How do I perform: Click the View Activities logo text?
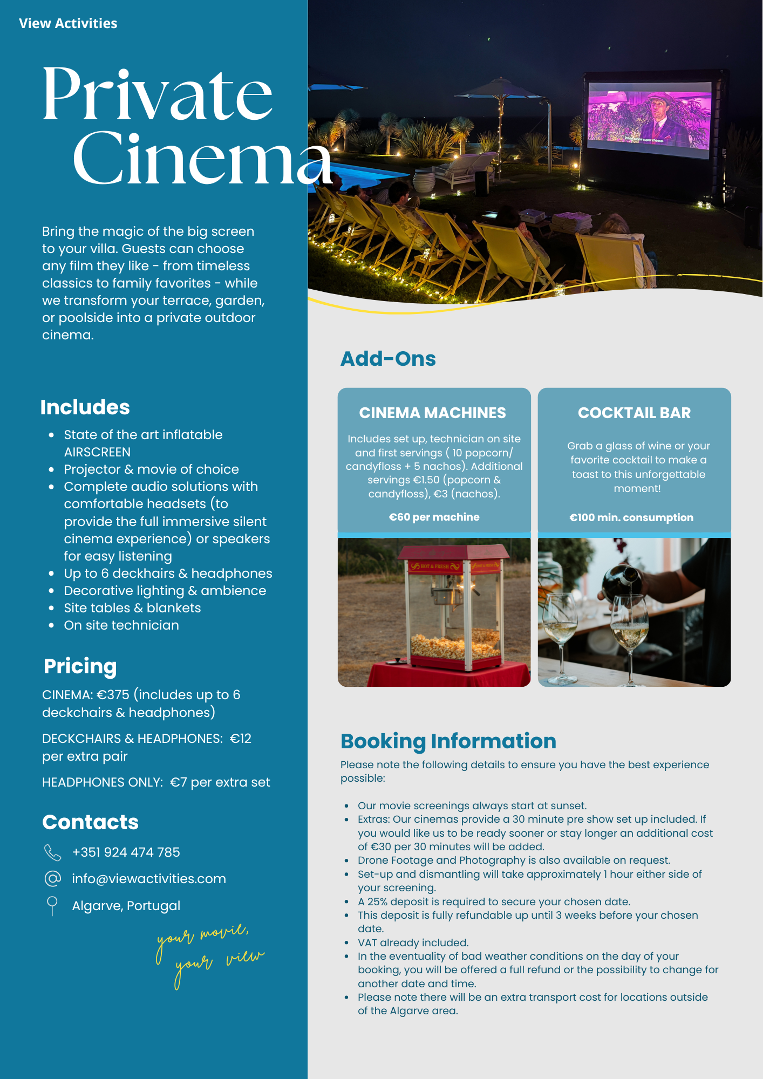[68, 23]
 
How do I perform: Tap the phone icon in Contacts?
[52, 852]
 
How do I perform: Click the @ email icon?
[52, 879]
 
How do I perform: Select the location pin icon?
[52, 905]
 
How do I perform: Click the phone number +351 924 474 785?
[126, 852]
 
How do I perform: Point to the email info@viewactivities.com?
[149, 879]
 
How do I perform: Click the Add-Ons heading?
[388, 359]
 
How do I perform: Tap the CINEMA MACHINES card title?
[432, 413]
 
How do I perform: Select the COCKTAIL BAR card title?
[634, 413]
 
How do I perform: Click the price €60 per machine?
[434, 517]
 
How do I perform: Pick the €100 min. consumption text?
[631, 517]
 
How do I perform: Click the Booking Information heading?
[448, 741]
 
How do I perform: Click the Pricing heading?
[80, 666]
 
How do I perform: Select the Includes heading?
[85, 407]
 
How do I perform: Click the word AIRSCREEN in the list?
[97, 452]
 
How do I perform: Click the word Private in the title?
[157, 94]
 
